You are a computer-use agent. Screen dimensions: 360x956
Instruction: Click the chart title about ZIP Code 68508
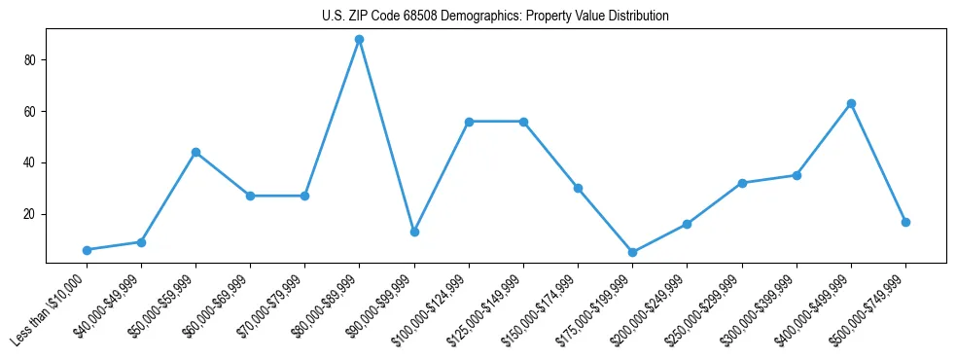pyautogui.click(x=495, y=17)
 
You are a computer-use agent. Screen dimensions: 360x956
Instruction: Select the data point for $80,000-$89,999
pyautogui.click(x=360, y=40)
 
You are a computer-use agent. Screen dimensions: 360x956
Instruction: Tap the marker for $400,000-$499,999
pyautogui.click(x=851, y=103)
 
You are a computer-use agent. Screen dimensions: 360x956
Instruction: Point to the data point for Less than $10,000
pyautogui.click(x=87, y=250)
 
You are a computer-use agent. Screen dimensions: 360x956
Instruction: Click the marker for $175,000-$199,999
pyautogui.click(x=633, y=252)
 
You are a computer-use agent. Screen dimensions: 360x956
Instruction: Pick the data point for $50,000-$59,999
pyautogui.click(x=195, y=152)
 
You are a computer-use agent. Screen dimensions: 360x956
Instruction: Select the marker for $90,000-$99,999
pyautogui.click(x=414, y=232)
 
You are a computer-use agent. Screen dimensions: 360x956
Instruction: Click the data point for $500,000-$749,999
pyautogui.click(x=905, y=222)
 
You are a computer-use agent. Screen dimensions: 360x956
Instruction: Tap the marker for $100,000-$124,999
pyautogui.click(x=469, y=122)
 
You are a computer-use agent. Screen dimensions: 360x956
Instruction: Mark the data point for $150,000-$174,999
pyautogui.click(x=578, y=188)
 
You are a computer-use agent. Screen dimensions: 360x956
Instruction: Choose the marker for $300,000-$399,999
pyautogui.click(x=797, y=175)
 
